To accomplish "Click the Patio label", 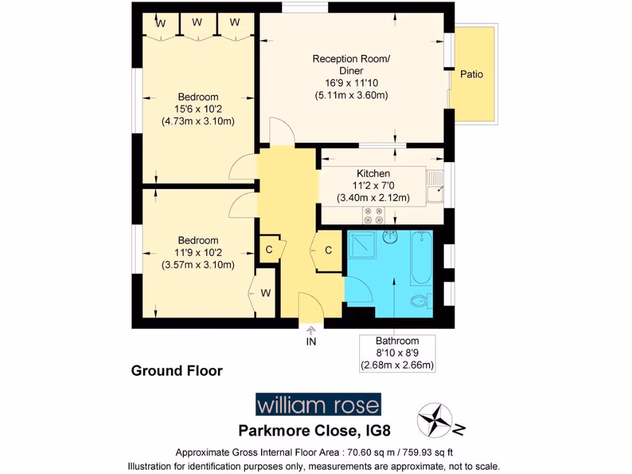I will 472,74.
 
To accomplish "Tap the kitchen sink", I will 436,186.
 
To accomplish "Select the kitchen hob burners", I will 373,215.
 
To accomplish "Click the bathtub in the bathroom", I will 422,257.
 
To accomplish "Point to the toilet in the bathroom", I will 420,301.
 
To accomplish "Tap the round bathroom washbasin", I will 389,237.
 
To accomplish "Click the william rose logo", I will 318,405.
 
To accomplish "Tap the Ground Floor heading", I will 177,371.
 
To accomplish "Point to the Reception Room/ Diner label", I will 351,65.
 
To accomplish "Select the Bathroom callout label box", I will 397,353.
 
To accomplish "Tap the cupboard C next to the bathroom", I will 328,251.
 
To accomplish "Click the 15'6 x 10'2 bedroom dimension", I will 198,109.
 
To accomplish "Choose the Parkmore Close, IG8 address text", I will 315,430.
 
